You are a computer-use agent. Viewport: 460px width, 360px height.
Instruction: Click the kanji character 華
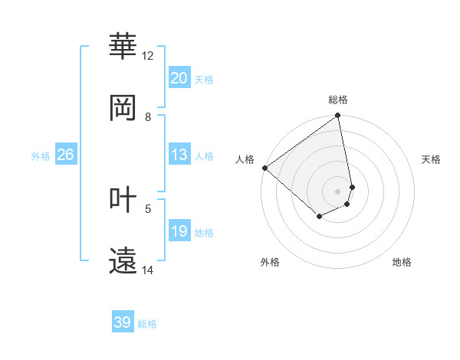[123, 47]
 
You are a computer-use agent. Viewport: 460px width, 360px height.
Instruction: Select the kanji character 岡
[123, 108]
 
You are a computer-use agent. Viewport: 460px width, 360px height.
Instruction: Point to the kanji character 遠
[123, 260]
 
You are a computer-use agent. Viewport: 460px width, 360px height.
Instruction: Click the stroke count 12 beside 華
[148, 56]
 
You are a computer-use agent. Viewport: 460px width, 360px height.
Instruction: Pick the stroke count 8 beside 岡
[148, 117]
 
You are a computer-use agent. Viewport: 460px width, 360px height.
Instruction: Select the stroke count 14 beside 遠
[148, 270]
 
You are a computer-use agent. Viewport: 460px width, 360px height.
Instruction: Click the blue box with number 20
[179, 78]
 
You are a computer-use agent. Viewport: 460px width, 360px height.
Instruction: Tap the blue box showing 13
[179, 155]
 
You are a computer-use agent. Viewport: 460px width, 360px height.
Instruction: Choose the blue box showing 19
[179, 231]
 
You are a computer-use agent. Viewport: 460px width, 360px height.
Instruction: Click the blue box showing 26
[65, 155]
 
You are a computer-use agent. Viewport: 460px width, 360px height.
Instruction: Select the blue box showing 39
[123, 322]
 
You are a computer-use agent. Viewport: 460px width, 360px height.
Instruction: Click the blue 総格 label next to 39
[147, 324]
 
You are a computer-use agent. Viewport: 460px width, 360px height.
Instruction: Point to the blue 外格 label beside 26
[41, 156]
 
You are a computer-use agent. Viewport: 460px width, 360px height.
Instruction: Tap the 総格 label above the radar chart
[338, 100]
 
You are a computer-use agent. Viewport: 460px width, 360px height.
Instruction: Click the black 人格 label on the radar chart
[245, 159]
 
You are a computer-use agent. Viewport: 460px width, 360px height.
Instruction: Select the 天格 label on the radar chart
[432, 159]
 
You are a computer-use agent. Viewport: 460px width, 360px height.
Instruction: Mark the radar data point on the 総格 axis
[338, 116]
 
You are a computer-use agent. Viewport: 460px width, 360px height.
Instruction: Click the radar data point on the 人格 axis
[264, 168]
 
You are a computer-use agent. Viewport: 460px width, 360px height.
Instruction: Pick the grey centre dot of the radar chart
[338, 191]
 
